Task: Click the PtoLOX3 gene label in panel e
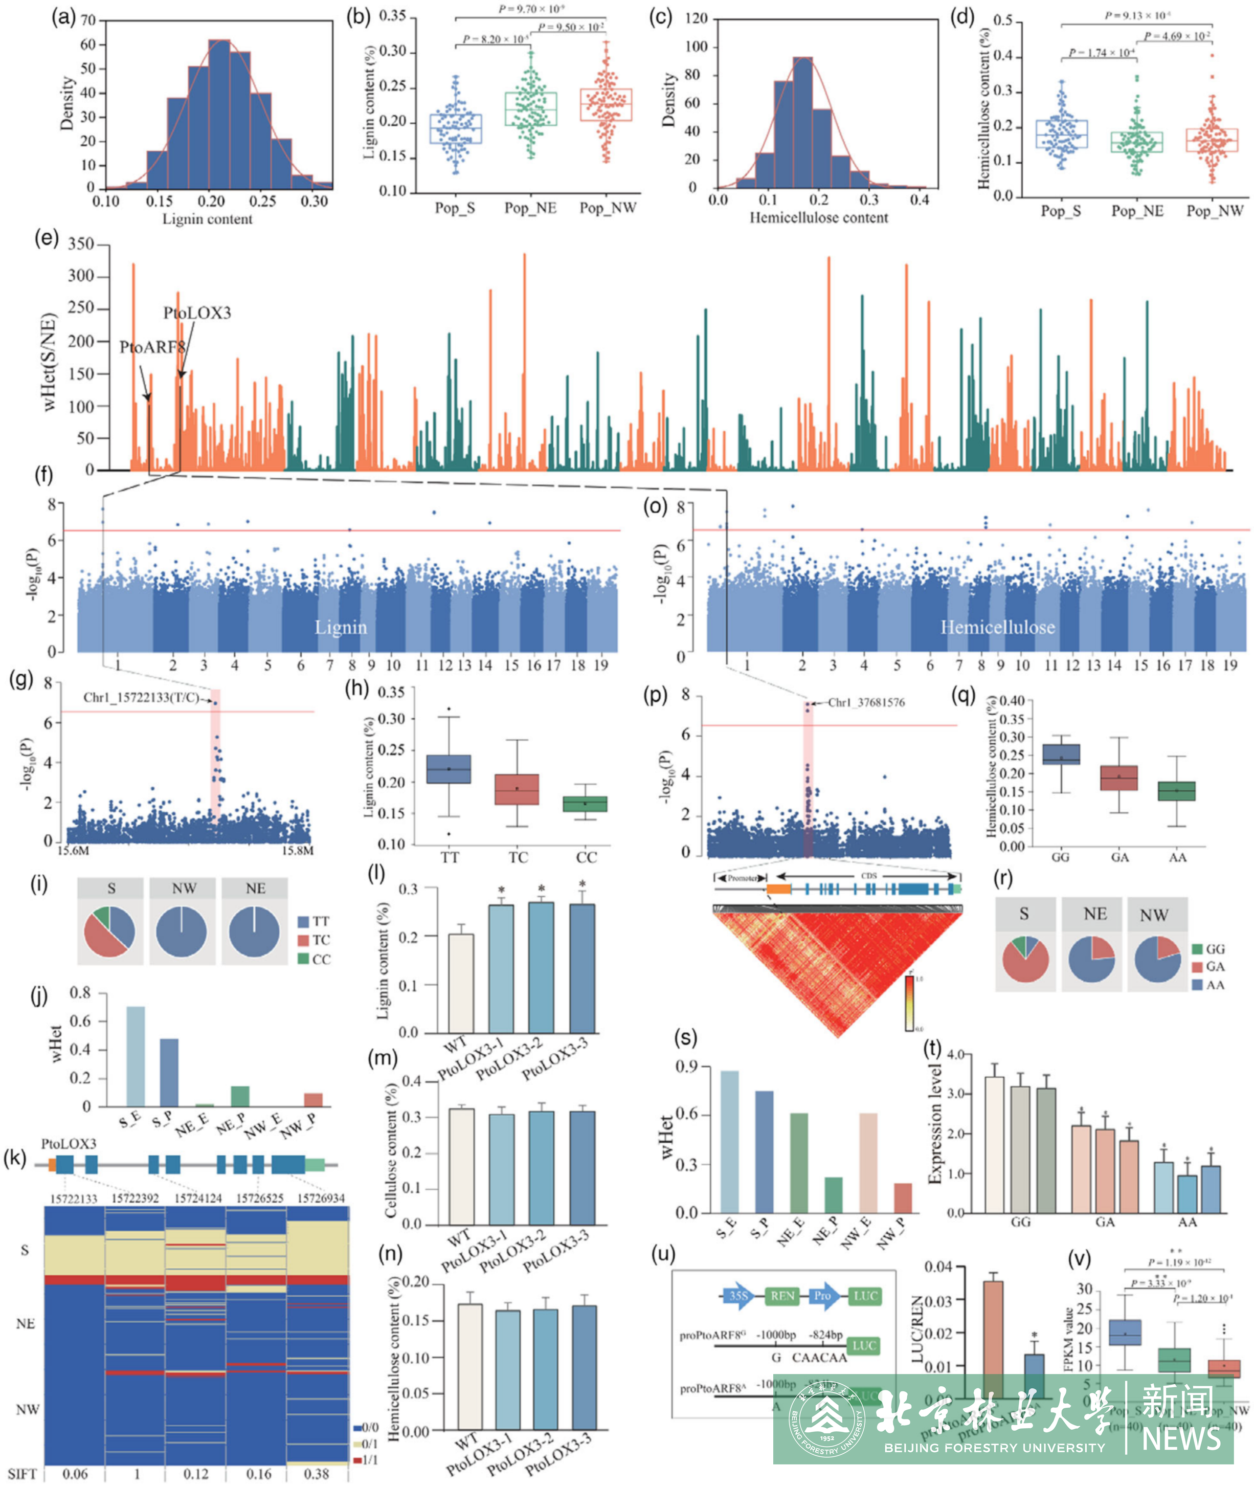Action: [197, 313]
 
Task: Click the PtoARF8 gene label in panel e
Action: [151, 347]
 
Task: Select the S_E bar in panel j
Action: [135, 1056]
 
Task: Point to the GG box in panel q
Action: [1061, 755]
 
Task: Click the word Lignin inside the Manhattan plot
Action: [341, 627]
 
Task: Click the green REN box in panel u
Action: [782, 1295]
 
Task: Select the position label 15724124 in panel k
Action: [198, 1198]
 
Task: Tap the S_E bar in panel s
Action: [729, 1141]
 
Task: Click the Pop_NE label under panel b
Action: [530, 208]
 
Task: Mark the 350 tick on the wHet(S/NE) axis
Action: [80, 245]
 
